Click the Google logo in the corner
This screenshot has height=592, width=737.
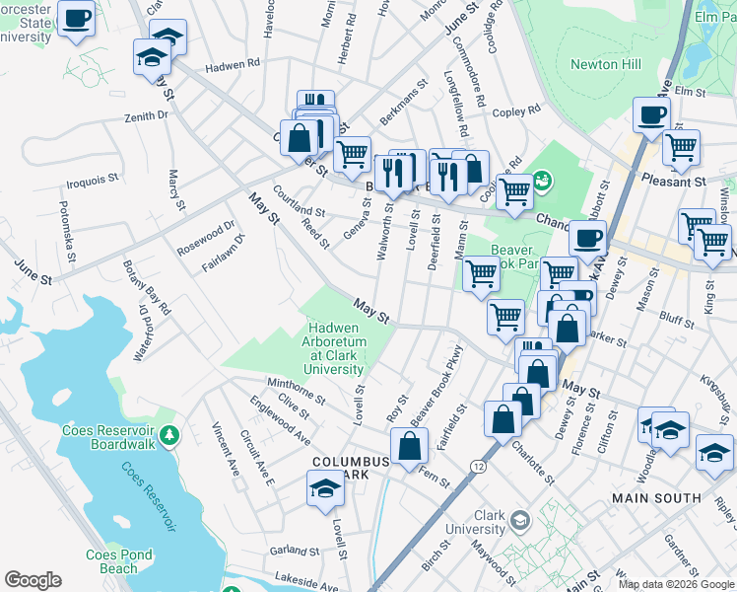tap(33, 580)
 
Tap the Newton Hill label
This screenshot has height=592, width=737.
tap(606, 65)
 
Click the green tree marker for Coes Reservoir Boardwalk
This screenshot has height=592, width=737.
tap(169, 433)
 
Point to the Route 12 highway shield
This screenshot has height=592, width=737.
tap(479, 465)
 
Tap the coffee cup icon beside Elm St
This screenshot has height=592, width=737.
tap(651, 114)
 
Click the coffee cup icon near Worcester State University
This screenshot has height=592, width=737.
tap(76, 17)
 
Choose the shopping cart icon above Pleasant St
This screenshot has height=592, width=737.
tap(681, 148)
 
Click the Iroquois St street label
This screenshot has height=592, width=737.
tap(92, 182)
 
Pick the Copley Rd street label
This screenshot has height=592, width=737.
tap(518, 111)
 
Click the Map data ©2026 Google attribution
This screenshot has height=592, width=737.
tap(675, 584)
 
